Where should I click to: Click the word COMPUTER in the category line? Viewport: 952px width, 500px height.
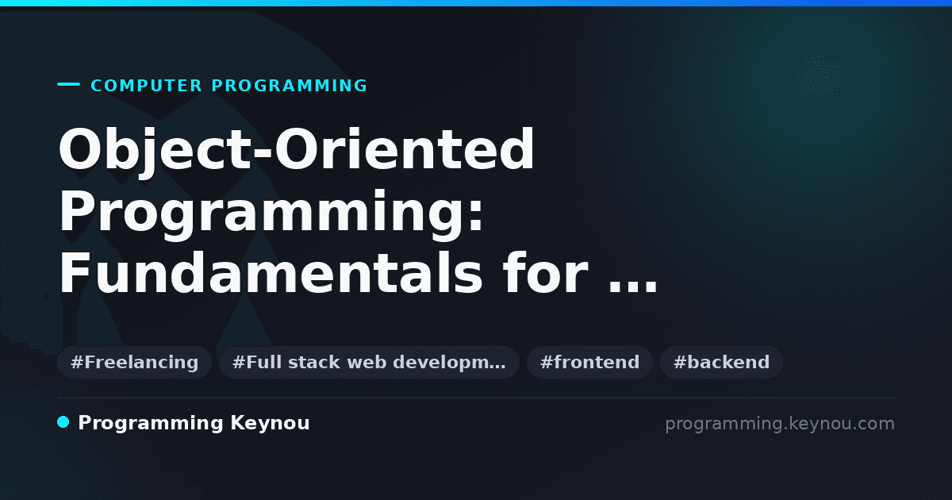(146, 86)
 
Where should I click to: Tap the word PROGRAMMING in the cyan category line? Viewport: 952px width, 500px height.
(289, 86)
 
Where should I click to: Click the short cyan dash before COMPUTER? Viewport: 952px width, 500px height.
(68, 84)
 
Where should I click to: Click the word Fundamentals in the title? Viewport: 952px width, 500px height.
(271, 272)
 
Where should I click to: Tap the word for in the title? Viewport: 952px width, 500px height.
(545, 272)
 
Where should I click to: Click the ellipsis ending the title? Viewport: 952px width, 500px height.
(633, 287)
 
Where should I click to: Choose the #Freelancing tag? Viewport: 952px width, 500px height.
(134, 362)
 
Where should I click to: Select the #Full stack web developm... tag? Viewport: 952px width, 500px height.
(369, 362)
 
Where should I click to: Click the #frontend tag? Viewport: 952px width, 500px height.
(589, 362)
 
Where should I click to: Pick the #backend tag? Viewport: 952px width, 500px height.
(721, 362)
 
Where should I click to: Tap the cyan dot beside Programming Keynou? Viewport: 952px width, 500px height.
(63, 422)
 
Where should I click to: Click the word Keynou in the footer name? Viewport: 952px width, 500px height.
(270, 423)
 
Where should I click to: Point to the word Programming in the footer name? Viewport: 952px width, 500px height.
(151, 424)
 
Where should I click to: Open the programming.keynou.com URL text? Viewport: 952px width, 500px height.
(780, 424)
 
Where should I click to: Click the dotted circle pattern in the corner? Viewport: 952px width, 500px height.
(819, 79)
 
